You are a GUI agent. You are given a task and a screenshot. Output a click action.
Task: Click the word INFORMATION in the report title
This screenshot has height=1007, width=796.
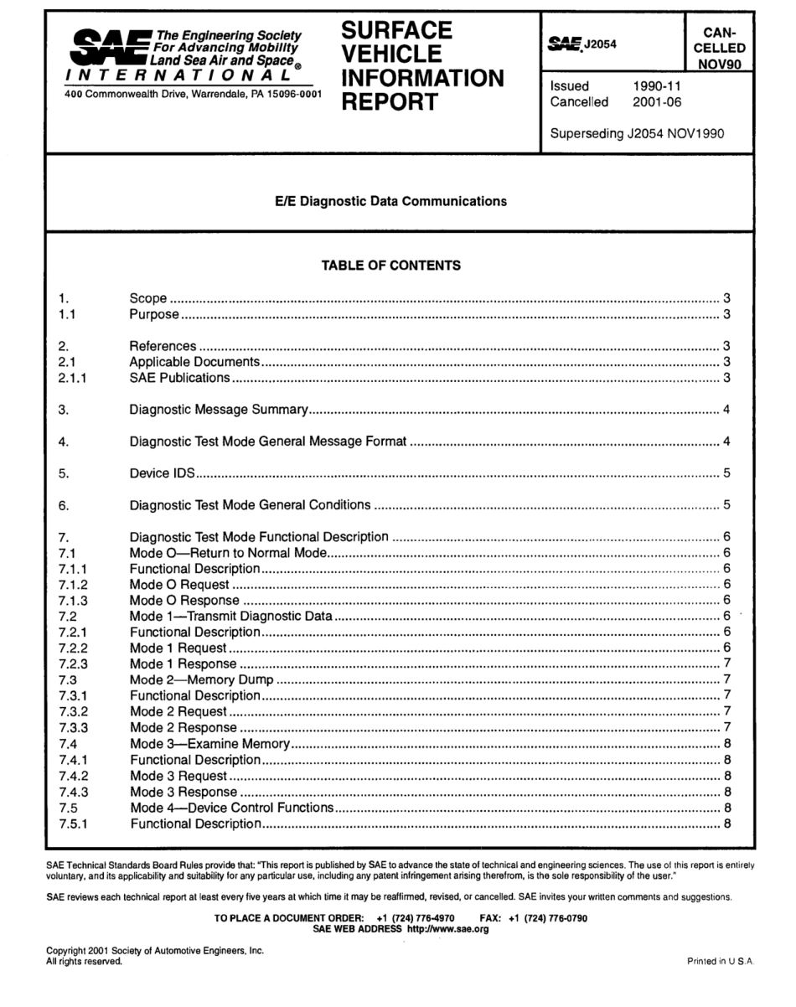pos(423,79)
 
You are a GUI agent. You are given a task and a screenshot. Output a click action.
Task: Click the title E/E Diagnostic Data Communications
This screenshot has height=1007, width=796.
pos(392,201)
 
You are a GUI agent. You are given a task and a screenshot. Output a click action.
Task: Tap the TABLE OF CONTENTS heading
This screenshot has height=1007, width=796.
pos(391,266)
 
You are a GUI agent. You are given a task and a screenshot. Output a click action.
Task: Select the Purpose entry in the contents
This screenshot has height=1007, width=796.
pos(154,315)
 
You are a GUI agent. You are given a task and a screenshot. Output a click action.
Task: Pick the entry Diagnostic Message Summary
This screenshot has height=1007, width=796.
pos(220,410)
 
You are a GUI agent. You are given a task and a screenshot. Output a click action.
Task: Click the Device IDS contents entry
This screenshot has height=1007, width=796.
pos(163,473)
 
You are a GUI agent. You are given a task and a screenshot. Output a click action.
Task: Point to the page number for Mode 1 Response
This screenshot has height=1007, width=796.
pos(727,664)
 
